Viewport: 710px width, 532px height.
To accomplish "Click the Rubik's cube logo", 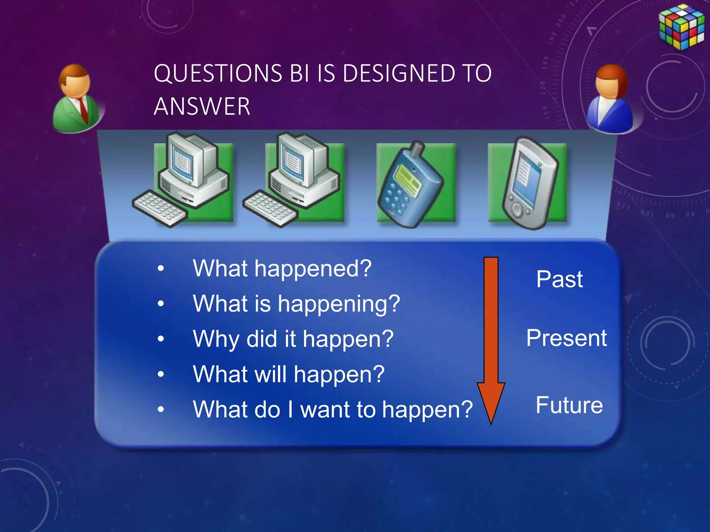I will (681, 27).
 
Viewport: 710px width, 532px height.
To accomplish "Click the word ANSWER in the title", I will (202, 106).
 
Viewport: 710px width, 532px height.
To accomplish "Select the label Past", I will (559, 279).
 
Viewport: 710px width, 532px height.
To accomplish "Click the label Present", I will (566, 338).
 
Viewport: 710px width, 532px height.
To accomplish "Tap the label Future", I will (569, 405).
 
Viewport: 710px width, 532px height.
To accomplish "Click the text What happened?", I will (282, 268).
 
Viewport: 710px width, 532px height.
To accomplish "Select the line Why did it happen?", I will (293, 339).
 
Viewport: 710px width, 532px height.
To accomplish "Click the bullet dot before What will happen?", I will (161, 374).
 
